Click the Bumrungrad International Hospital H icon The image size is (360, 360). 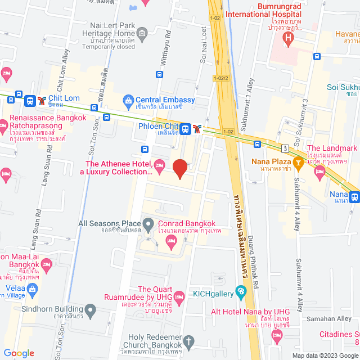pos(289,38)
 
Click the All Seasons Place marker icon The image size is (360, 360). pos(148,224)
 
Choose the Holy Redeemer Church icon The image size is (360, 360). pos(189,341)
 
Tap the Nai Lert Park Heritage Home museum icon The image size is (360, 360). pos(142,35)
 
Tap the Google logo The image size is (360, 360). pos(19,353)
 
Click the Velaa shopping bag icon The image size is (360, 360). pos(32,289)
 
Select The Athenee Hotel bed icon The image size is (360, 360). pos(159,164)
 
